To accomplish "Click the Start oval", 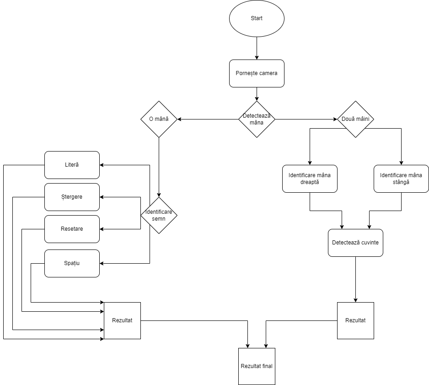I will tap(257, 18).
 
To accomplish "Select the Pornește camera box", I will tap(257, 73).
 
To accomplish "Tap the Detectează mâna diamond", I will tap(257, 119).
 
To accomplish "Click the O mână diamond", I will tap(159, 119).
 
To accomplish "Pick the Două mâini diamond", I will tap(355, 119).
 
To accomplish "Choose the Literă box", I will tap(72, 165).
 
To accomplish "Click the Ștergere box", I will tap(72, 197).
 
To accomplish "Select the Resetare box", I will tap(72, 229).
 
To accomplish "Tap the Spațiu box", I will tap(72, 263).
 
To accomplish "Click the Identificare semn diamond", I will tap(159, 215).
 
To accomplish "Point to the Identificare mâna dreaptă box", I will tap(310, 179).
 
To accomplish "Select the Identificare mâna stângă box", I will tap(401, 179).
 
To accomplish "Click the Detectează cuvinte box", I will tap(355, 243).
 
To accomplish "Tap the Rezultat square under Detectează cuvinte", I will tap(355, 320).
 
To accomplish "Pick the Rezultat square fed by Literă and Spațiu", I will tap(122, 320).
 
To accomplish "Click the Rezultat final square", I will tap(257, 366).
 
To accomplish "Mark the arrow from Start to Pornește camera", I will tap(257, 48).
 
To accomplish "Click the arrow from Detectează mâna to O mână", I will tap(208, 119).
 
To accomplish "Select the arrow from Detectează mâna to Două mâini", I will tap(306, 119).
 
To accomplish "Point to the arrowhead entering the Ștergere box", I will tap(102, 197).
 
